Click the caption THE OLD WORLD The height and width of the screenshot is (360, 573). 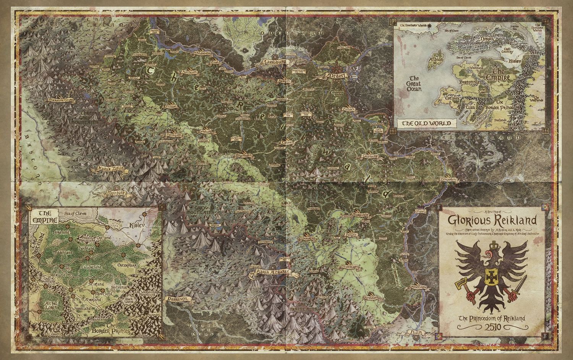point(424,123)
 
